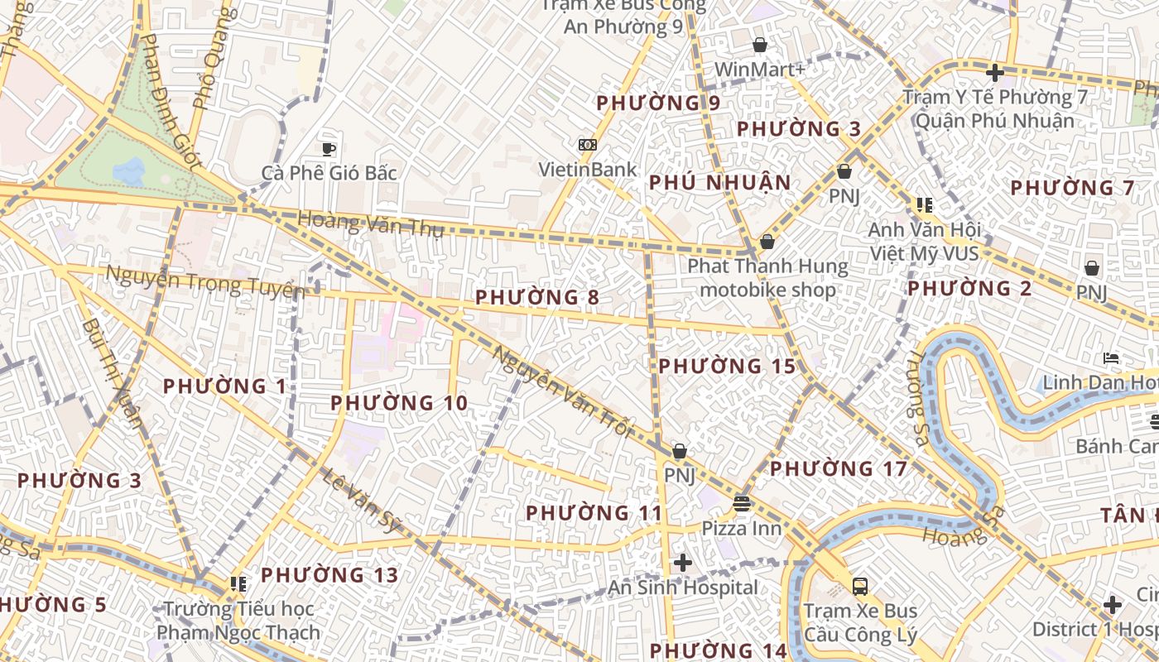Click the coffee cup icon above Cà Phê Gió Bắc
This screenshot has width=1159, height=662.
pos(329,149)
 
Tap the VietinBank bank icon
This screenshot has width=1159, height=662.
pos(588,145)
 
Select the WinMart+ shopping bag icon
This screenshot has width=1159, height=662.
pos(760,45)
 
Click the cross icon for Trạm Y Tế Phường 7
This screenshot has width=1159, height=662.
pos(995,73)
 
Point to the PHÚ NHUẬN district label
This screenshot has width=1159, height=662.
pos(719,183)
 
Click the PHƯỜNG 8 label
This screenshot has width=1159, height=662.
pos(537,297)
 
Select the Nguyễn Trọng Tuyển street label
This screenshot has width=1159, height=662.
pos(205,282)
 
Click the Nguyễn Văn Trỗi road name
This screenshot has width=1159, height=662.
pos(563,392)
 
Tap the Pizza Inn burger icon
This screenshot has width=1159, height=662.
pos(742,503)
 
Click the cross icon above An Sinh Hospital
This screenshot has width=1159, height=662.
pos(683,564)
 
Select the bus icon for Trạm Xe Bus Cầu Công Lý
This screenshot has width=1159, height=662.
pos(860,587)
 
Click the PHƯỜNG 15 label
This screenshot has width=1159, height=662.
pos(727,366)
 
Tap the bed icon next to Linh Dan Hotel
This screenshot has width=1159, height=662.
pos(1112,358)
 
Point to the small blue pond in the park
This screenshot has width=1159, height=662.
pos(129,171)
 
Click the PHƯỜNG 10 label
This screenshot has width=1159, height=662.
pos(399,403)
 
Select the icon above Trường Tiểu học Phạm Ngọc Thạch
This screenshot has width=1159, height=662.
pos(238,584)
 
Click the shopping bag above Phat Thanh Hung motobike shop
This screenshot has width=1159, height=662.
pos(767,242)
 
